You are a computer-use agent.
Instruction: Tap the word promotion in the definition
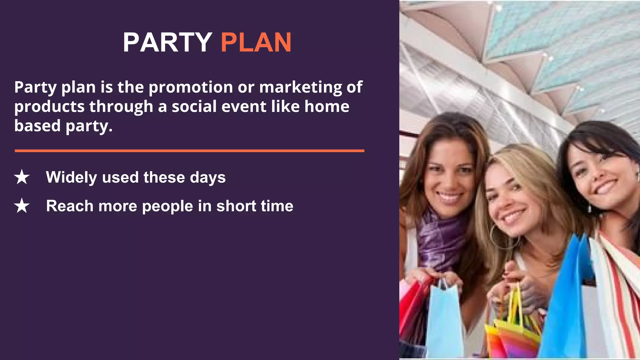(x=191, y=87)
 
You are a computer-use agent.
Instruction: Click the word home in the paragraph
(x=327, y=107)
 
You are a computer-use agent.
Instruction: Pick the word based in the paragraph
(x=37, y=126)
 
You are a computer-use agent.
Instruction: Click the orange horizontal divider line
(x=189, y=151)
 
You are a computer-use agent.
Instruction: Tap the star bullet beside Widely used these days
(x=22, y=177)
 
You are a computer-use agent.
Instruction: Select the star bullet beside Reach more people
(x=22, y=206)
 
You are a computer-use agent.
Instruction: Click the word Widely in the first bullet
(x=72, y=177)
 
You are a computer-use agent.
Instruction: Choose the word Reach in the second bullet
(x=70, y=206)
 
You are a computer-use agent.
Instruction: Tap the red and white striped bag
(x=617, y=291)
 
